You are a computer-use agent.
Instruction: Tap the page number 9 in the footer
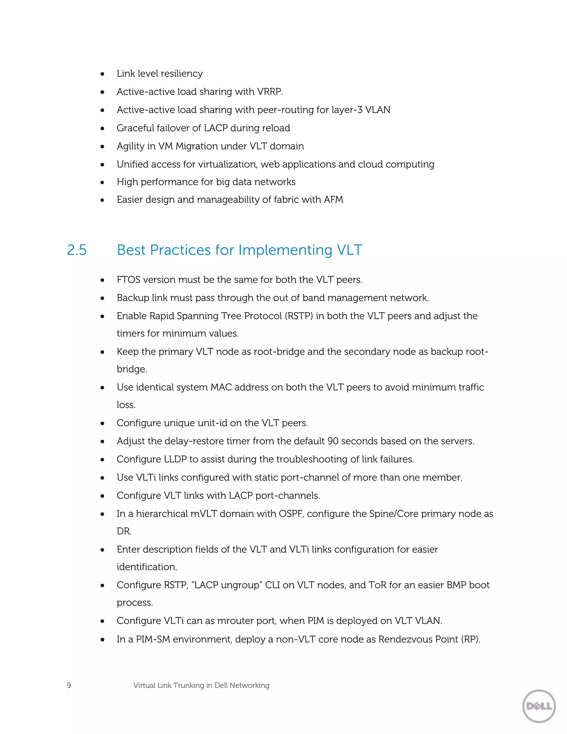coord(69,685)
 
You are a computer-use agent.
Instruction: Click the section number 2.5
coord(77,250)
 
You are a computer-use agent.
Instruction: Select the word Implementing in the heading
coord(285,250)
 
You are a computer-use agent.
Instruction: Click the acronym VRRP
coord(270,91)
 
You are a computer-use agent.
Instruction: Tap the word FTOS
coord(128,280)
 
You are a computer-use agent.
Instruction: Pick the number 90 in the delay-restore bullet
coord(333,441)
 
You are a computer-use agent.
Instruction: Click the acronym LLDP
coord(175,459)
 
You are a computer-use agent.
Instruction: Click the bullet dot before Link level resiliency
coord(102,74)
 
